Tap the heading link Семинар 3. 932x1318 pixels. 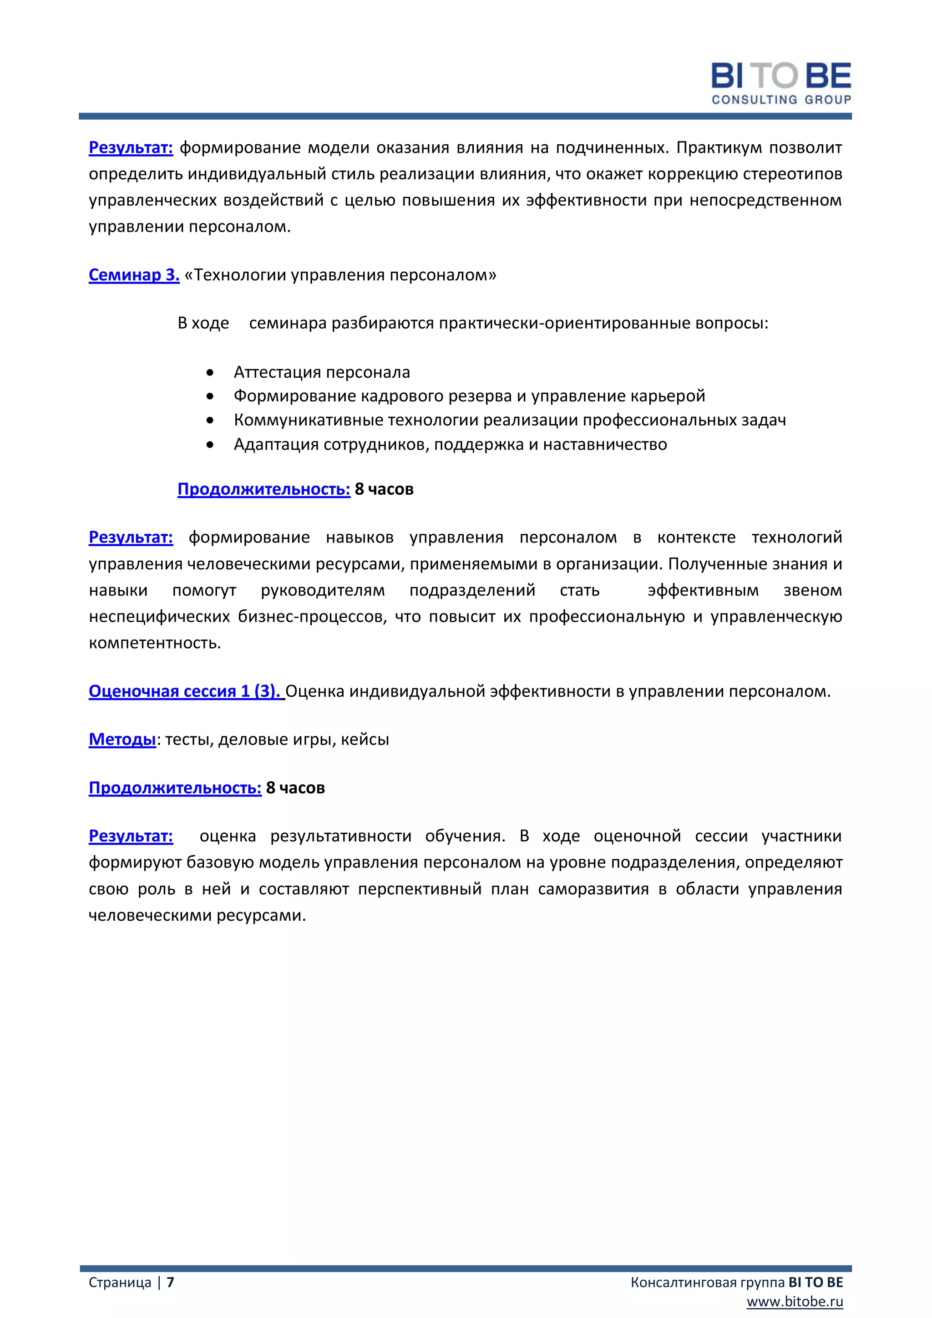click(134, 275)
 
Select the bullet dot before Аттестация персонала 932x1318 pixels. click(210, 373)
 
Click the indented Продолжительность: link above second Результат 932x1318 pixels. click(263, 489)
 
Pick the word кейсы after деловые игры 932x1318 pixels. click(365, 740)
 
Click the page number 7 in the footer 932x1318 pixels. click(171, 1283)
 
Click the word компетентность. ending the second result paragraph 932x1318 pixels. click(155, 643)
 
